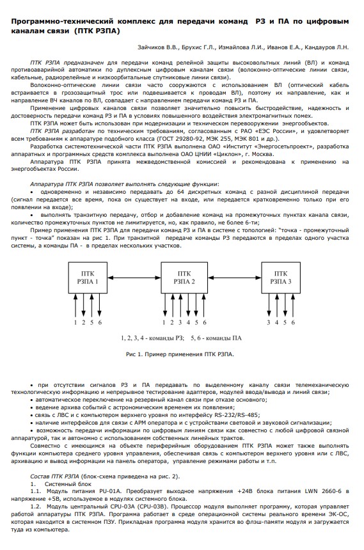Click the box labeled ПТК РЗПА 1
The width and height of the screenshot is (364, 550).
point(86,276)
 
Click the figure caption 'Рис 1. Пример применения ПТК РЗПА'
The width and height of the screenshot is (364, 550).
point(180,353)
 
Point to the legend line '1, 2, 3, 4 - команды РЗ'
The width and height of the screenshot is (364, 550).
point(152,336)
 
